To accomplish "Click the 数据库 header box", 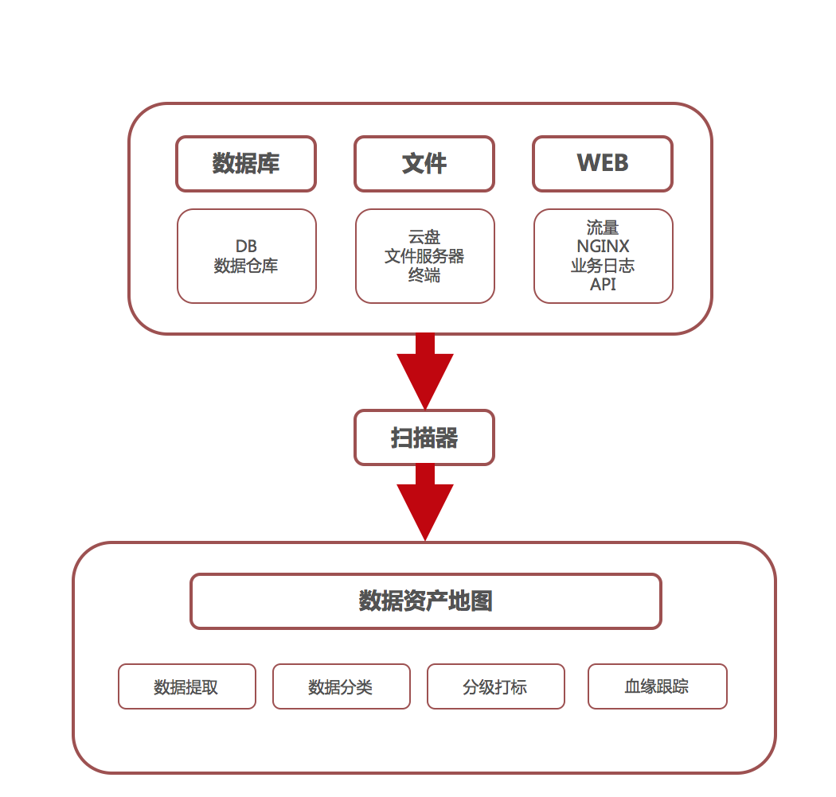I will pyautogui.click(x=246, y=164).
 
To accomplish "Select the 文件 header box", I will pyautogui.click(x=424, y=164).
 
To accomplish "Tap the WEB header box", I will pyautogui.click(x=603, y=164).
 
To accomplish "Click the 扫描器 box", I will pyautogui.click(x=424, y=437).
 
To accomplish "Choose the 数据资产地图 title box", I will pyautogui.click(x=426, y=601).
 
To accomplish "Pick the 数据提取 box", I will pyautogui.click(x=187, y=686).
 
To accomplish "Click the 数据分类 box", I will pyautogui.click(x=341, y=686).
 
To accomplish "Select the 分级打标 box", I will pyautogui.click(x=495, y=686).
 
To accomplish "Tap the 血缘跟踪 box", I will pyautogui.click(x=657, y=686).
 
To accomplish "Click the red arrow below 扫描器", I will pyautogui.click(x=425, y=505).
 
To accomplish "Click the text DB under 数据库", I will pyautogui.click(x=246, y=247).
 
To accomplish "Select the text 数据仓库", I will pyautogui.click(x=246, y=266).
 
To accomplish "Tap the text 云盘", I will pyautogui.click(x=424, y=237).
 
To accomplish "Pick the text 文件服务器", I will pyautogui.click(x=424, y=256).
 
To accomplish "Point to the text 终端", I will pyautogui.click(x=424, y=275).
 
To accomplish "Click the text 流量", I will pyautogui.click(x=603, y=228).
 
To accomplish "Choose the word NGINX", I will pyautogui.click(x=603, y=247).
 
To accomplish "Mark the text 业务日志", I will pyautogui.click(x=603, y=266).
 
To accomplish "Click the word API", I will pyautogui.click(x=603, y=284).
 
